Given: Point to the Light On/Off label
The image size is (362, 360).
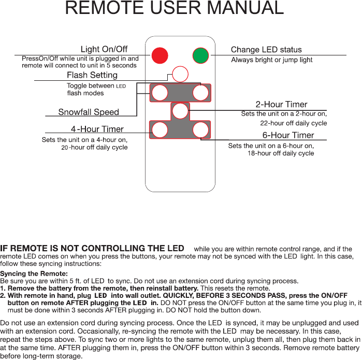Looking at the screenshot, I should [x=104, y=49].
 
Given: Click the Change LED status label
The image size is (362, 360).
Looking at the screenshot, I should [x=266, y=50].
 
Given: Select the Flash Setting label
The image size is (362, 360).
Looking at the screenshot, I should [x=92, y=75].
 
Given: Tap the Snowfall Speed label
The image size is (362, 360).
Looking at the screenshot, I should [x=89, y=112].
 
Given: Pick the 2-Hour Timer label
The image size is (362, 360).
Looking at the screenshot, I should [x=281, y=105].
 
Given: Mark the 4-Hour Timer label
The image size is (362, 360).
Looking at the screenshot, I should [x=97, y=129].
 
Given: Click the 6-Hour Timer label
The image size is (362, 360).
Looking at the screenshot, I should [x=288, y=135].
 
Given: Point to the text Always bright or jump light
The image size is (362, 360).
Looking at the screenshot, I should [x=271, y=60].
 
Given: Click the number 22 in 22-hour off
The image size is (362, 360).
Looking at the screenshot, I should [x=264, y=123].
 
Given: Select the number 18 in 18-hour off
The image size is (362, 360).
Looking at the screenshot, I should [x=251, y=153].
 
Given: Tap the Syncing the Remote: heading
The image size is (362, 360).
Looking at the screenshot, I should [x=34, y=273].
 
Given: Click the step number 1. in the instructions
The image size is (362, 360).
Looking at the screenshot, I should [x=3, y=288].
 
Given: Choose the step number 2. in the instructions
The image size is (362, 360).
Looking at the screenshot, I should [x=3, y=295].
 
